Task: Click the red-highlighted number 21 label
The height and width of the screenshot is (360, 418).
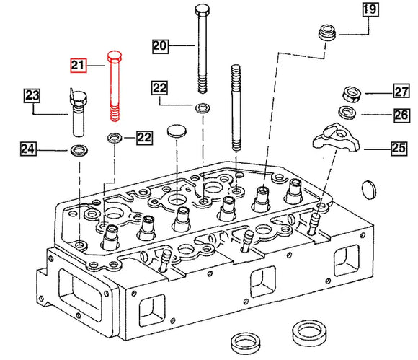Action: [78, 66]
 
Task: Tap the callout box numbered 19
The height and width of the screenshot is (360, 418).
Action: [369, 9]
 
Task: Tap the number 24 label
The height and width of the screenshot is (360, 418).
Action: [27, 150]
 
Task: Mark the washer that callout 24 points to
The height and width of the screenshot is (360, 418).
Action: [77, 151]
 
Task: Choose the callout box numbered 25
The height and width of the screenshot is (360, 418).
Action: [399, 149]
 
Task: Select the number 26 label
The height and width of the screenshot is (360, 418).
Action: [401, 115]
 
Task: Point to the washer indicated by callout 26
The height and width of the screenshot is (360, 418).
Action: [349, 113]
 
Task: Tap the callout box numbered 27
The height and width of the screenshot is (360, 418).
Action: [401, 91]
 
